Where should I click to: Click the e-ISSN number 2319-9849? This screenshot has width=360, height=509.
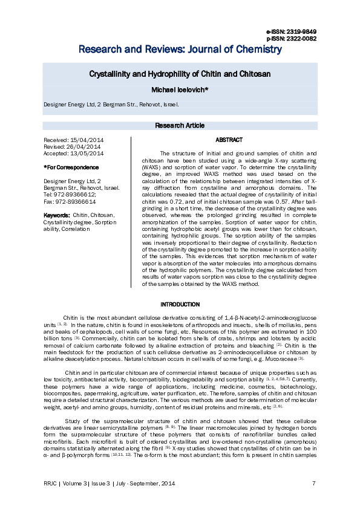click(x=301, y=31)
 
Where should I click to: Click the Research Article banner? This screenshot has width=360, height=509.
click(x=180, y=126)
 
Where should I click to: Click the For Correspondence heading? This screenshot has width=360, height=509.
click(x=71, y=167)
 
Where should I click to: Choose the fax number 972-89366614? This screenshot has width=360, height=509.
click(x=76, y=201)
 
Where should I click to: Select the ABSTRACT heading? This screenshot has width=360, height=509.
click(x=229, y=140)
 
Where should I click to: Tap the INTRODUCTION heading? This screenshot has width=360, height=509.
click(x=180, y=304)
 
